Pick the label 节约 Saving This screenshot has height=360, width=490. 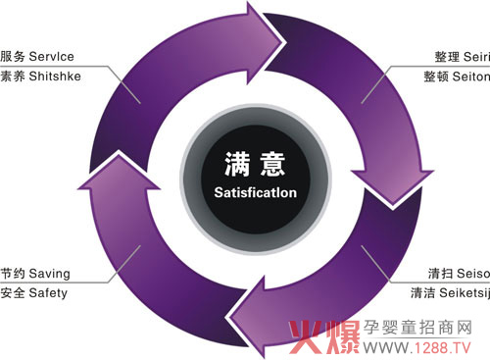coord(35,274)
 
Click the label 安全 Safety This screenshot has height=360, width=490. coord(33,291)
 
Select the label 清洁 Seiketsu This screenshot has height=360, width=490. coord(449,291)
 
